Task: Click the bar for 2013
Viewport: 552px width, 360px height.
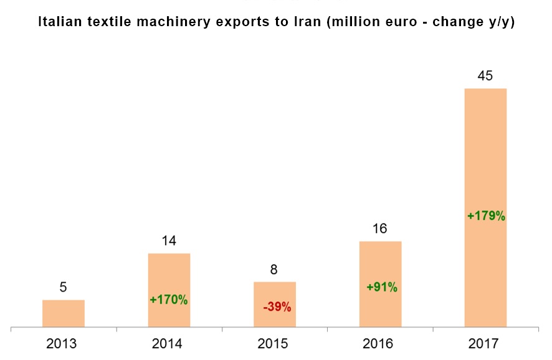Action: pos(64,313)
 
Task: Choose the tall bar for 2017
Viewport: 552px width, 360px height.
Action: pos(485,156)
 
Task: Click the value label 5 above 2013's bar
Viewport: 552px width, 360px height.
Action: pos(63,288)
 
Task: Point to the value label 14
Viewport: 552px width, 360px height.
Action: pos(168,241)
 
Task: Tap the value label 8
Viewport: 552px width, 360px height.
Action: pos(274,270)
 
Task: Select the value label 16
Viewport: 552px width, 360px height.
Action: pos(380,229)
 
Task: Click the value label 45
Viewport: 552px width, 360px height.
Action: pos(485,76)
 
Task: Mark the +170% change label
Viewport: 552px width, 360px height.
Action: pos(169,300)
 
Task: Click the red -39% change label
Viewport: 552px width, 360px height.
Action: pos(275,306)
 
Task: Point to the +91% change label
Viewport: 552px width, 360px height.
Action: pos(381,288)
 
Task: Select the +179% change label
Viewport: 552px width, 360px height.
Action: pos(486,217)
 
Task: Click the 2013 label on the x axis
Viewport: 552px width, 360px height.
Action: pos(63,343)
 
